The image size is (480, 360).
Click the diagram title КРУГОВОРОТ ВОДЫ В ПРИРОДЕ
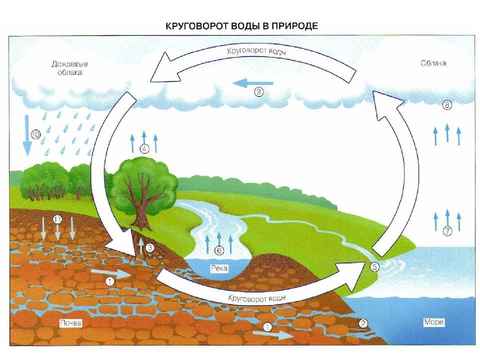pos(241,25)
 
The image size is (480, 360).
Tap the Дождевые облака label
pos(70,68)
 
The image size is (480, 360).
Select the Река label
pos(219,268)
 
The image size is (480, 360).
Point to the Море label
pos(434,322)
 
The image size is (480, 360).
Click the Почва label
pos(70,323)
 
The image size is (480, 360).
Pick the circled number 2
pos(363,323)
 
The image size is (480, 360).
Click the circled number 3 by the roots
pos(149,247)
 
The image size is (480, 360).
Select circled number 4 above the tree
pos(144,149)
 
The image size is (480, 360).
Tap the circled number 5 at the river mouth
pos(374,267)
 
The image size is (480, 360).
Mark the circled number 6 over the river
pos(219,250)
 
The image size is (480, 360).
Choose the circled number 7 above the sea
pos(447,231)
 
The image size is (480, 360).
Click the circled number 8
pos(447,105)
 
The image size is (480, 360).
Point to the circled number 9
pos(259,92)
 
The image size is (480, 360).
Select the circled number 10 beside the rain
pos(36,134)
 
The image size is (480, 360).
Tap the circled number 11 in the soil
pos(57,219)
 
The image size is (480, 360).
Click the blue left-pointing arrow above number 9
pos(252,83)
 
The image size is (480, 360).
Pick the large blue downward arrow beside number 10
pos(27,135)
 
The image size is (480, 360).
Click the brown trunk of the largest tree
pos(142,215)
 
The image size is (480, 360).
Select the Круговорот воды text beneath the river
pos(257,298)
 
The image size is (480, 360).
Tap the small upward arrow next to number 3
pos(141,246)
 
